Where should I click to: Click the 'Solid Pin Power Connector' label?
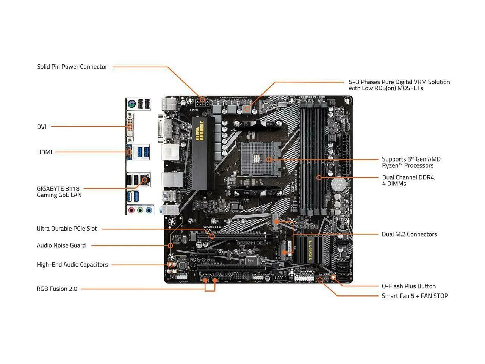pyautogui.click(x=72, y=67)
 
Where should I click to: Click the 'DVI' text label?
pyautogui.click(x=42, y=127)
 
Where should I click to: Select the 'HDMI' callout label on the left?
pyautogui.click(x=44, y=152)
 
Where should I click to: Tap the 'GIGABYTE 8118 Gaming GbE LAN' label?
pyautogui.click(x=59, y=191)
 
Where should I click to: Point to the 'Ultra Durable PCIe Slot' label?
pyautogui.click(x=67, y=229)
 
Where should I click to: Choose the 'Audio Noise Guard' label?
pyautogui.click(x=61, y=245)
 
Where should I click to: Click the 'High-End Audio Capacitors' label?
pyautogui.click(x=72, y=265)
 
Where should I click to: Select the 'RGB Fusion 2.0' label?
pyautogui.click(x=57, y=289)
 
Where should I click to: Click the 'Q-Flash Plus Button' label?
pyautogui.click(x=408, y=286)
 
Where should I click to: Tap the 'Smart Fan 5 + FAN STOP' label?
pyautogui.click(x=415, y=296)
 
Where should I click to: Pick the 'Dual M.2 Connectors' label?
pyautogui.click(x=409, y=234)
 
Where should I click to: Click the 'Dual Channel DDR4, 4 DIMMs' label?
pyautogui.click(x=408, y=180)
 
